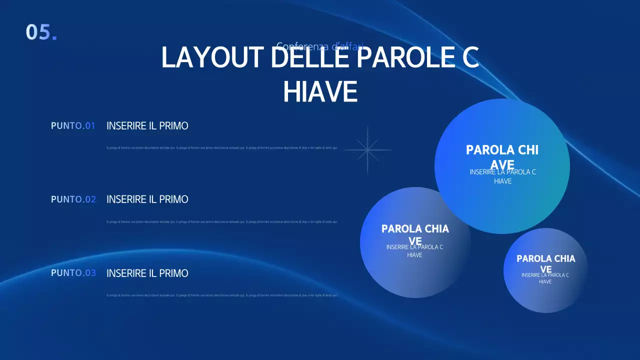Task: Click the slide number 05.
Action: coord(41,32)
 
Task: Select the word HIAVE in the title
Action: coord(320,91)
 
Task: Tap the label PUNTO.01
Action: coord(73,126)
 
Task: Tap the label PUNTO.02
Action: coord(73,199)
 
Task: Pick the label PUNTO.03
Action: coord(73,273)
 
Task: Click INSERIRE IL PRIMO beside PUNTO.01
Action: coord(147,126)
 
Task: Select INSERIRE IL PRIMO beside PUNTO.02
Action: coord(147,199)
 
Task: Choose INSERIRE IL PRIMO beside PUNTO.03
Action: coord(147,273)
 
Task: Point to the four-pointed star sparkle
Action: coord(367,150)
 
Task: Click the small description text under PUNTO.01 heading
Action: coord(222,148)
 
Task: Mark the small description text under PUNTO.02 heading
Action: coord(222,221)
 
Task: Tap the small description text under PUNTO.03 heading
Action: coord(222,295)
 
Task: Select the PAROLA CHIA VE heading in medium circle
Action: coord(415,229)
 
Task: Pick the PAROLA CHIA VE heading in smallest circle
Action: coord(545,259)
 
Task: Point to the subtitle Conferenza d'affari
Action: coord(320,46)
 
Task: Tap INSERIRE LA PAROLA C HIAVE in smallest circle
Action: coord(545,278)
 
